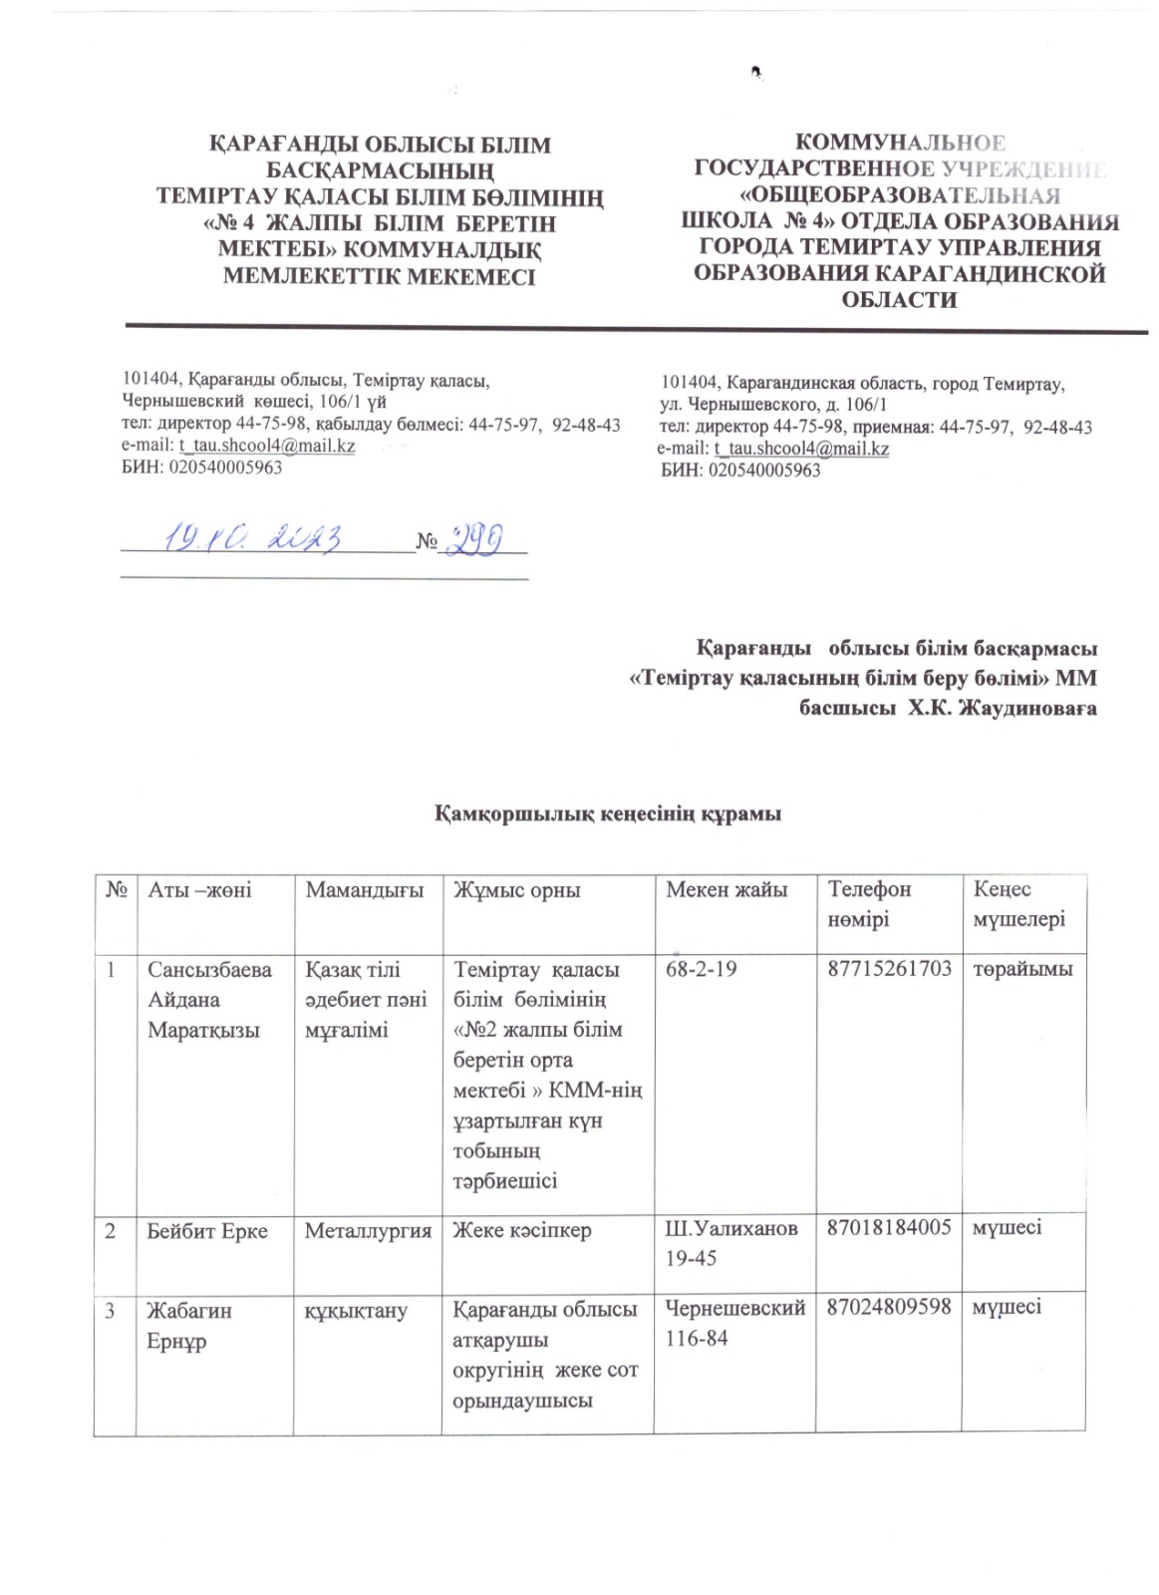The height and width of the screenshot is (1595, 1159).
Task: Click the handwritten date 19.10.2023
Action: tap(254, 538)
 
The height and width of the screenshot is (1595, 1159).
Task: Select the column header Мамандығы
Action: tap(358, 890)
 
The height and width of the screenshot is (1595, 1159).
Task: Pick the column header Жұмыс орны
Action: tap(516, 890)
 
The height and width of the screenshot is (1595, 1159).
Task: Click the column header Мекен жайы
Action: tap(726, 890)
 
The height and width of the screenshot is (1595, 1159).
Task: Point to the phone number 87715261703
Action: tap(890, 969)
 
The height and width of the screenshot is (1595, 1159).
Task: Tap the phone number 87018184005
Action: tap(890, 1229)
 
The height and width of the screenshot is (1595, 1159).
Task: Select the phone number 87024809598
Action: tap(890, 1309)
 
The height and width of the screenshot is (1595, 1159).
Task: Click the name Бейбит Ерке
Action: tap(207, 1230)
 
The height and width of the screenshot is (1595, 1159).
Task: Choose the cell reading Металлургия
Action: tap(368, 1230)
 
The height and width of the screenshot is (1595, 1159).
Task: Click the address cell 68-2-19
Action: tap(701, 969)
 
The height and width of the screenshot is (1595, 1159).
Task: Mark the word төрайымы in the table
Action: tap(1023, 969)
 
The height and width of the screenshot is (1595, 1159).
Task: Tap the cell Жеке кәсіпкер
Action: tap(522, 1230)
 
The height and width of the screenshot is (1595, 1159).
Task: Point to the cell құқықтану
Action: tap(356, 1310)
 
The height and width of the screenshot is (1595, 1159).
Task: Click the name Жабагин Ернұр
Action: tap(189, 1324)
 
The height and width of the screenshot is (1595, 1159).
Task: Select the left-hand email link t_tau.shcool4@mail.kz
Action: tap(266, 447)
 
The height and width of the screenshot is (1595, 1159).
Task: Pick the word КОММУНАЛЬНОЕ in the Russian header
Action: tap(899, 144)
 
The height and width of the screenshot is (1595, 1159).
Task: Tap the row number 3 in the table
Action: tap(112, 1310)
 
